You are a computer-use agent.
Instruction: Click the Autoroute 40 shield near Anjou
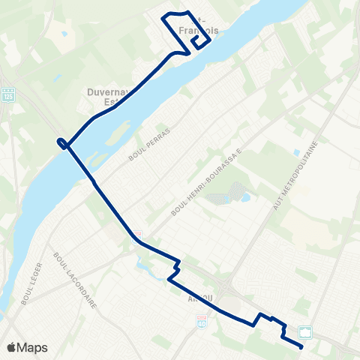click(201, 321)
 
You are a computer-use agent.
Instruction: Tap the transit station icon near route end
click(306, 331)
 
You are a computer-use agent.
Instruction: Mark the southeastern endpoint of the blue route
click(301, 347)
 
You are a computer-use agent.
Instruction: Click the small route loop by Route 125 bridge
click(64, 143)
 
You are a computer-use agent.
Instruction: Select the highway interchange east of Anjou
click(227, 289)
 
